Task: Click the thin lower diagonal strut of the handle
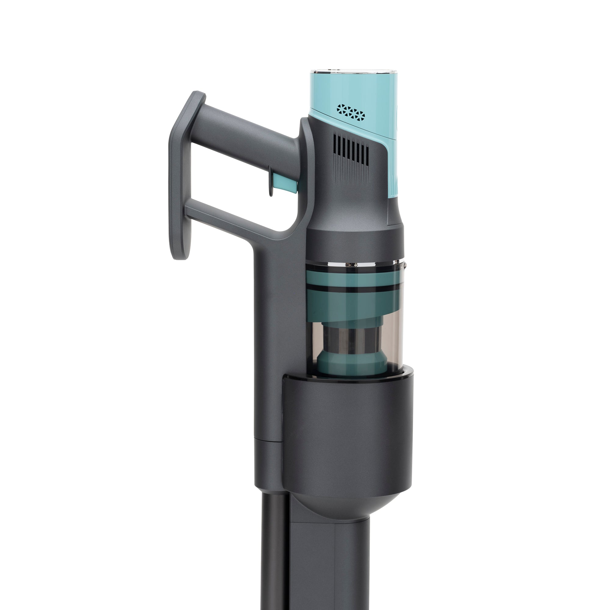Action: click(234, 218)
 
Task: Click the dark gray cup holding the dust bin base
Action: click(347, 436)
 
